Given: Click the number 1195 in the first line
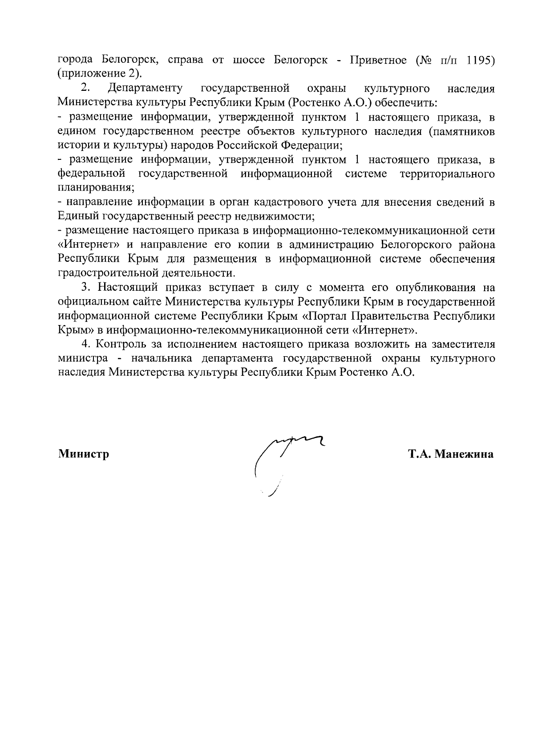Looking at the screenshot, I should click(481, 60).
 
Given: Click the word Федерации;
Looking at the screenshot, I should click(311, 145).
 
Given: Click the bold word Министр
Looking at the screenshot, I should click(84, 455).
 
